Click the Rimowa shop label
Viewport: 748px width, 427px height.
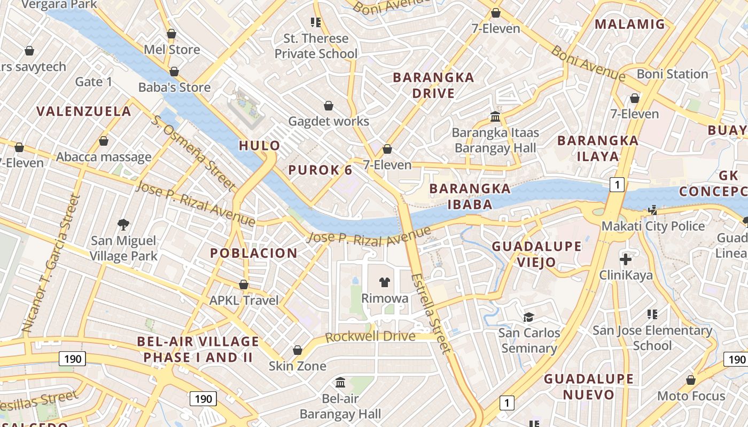[385, 298]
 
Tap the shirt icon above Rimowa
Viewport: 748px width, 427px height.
[385, 282]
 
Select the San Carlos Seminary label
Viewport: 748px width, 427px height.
[529, 341]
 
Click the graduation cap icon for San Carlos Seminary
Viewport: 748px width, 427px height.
[529, 317]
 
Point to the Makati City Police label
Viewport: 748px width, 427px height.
[653, 226]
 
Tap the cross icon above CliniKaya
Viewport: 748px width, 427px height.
[626, 260]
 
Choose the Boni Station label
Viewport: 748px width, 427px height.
[672, 74]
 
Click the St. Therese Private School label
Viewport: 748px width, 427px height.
[316, 46]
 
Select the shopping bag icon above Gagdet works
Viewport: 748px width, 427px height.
[329, 106]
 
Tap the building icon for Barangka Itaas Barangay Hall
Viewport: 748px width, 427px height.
[495, 116]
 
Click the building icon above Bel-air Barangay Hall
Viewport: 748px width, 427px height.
[340, 382]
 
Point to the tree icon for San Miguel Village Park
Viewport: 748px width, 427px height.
[123, 224]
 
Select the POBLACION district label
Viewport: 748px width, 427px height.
[254, 254]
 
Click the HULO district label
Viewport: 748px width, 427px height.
[259, 146]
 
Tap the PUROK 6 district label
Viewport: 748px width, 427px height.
[320, 170]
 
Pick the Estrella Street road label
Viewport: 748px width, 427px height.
[432, 313]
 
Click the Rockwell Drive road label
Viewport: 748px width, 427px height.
[370, 337]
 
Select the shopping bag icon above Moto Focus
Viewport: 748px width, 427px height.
[691, 380]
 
